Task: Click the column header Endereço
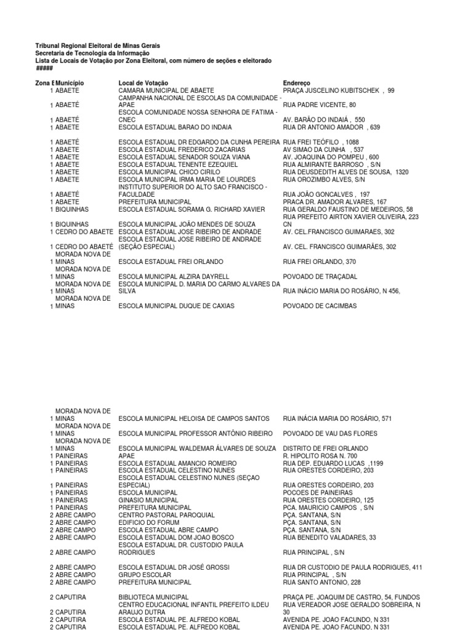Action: (297, 82)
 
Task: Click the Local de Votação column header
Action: (144, 82)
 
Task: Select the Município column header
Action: (70, 82)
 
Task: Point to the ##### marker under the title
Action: (44, 68)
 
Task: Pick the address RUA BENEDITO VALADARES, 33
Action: (329, 537)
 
